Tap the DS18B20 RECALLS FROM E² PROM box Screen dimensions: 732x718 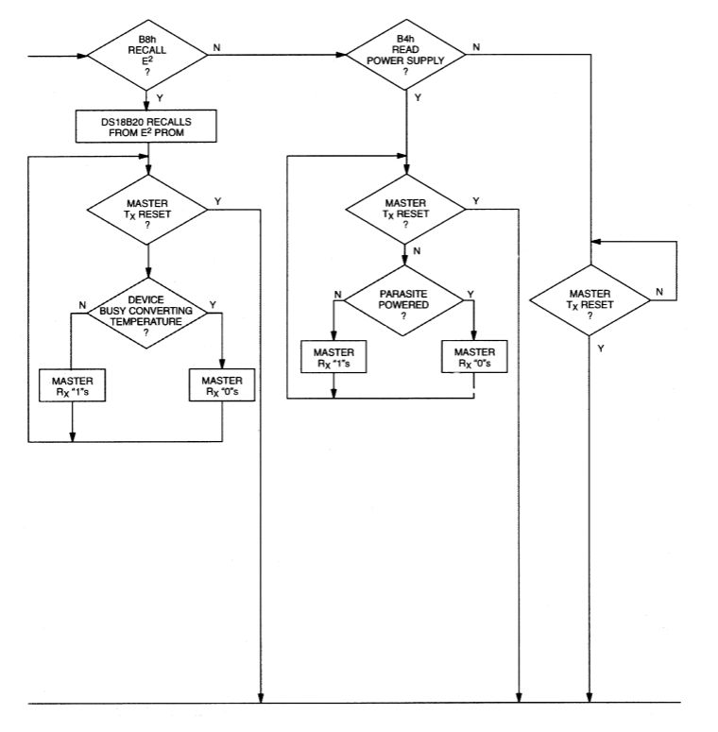pyautogui.click(x=145, y=125)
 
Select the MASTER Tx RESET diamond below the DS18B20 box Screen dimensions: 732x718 pyautogui.click(x=145, y=209)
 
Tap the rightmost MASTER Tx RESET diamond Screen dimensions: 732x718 pyautogui.click(x=589, y=299)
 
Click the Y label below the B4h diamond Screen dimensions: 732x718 pyautogui.click(x=419, y=98)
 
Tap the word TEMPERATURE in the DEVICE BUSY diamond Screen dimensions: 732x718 pyautogui.click(x=145, y=319)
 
